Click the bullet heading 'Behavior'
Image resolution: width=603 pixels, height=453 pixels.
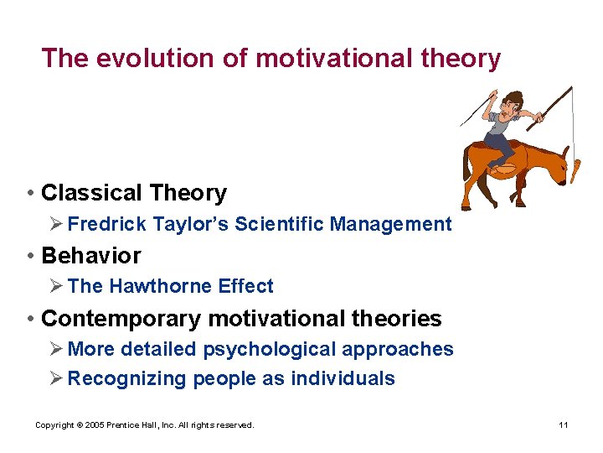click(x=90, y=255)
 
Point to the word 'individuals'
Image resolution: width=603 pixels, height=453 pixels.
click(x=343, y=378)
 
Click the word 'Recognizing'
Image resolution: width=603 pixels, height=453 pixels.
click(x=126, y=378)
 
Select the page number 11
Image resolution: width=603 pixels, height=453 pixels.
click(x=564, y=425)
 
